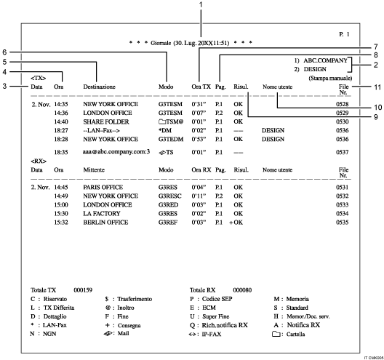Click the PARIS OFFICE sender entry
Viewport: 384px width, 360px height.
(x=101, y=188)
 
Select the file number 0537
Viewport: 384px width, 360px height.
(x=351, y=151)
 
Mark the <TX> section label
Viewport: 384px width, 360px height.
(x=37, y=77)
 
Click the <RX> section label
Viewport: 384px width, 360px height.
(x=37, y=160)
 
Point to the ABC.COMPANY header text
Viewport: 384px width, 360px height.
(x=327, y=60)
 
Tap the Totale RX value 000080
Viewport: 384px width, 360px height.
(x=242, y=289)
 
